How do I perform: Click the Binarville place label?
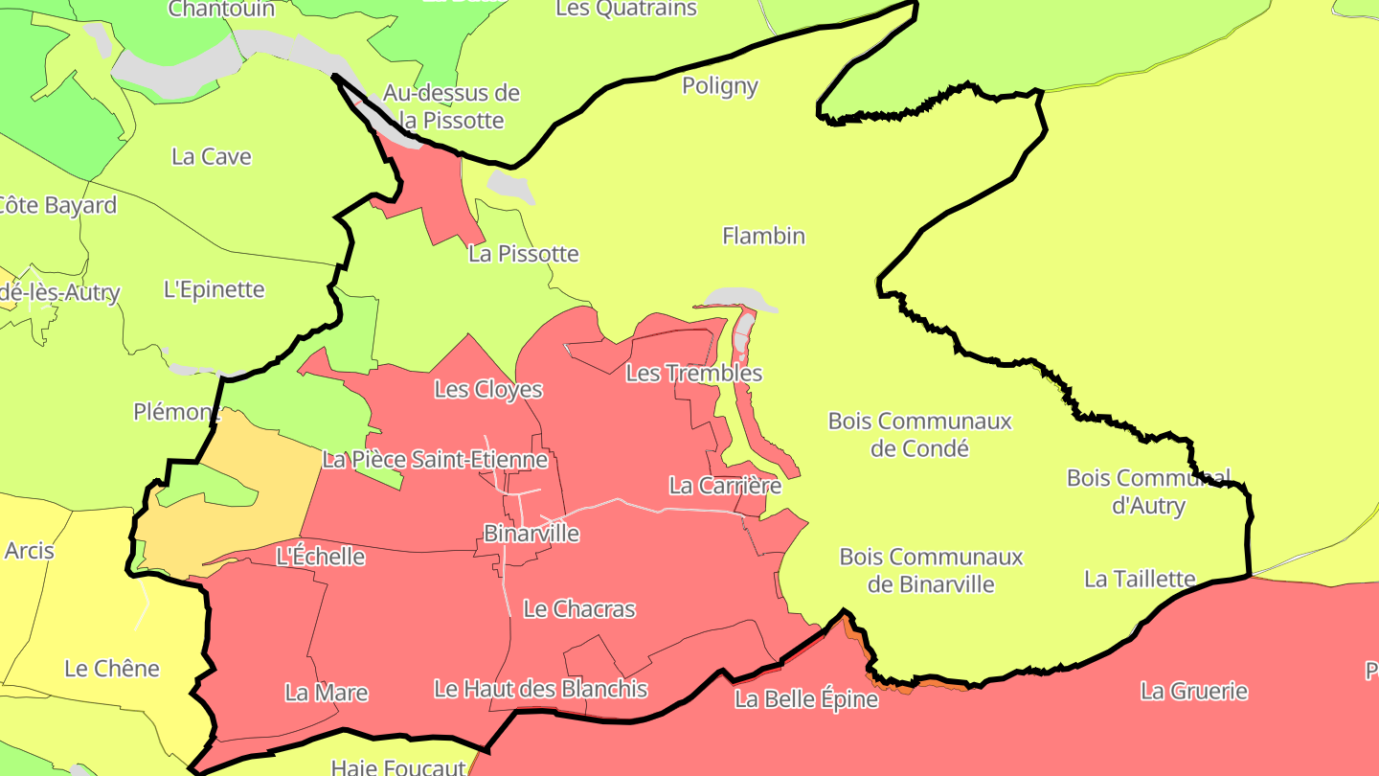tap(531, 534)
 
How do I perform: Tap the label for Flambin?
tap(763, 236)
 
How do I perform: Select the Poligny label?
tap(720, 86)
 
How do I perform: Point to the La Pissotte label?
tap(524, 254)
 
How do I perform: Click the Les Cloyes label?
tap(488, 390)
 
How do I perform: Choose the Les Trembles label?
tap(694, 374)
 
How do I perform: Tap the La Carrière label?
tap(725, 486)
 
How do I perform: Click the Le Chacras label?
tap(579, 609)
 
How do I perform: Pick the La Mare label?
tap(327, 693)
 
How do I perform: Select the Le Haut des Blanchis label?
tap(541, 689)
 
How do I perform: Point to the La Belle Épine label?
tap(806, 699)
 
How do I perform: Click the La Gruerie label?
tap(1194, 691)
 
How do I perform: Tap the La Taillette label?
tap(1140, 579)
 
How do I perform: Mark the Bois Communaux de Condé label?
tap(920, 434)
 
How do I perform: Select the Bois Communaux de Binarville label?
tap(932, 570)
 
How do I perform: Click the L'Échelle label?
tap(320, 557)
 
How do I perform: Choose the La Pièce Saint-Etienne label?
tap(435, 460)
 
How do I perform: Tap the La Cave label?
tap(212, 157)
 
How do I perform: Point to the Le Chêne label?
tap(112, 669)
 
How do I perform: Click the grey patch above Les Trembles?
tap(737, 299)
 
